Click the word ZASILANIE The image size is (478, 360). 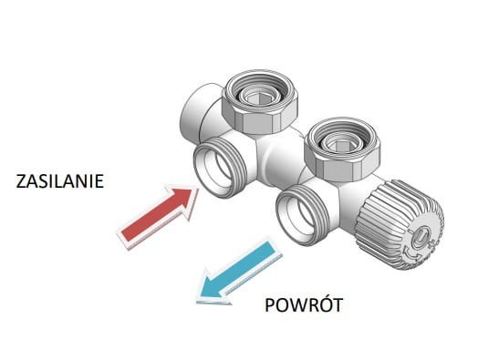pos(60,181)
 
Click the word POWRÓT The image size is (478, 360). pos(304,304)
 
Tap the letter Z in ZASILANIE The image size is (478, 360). pos(21,181)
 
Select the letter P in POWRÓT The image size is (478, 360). pos(269,305)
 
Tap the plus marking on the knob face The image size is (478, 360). pos(431,242)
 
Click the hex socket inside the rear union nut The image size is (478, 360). pos(255,97)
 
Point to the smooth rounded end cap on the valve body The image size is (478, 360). pos(194,112)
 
